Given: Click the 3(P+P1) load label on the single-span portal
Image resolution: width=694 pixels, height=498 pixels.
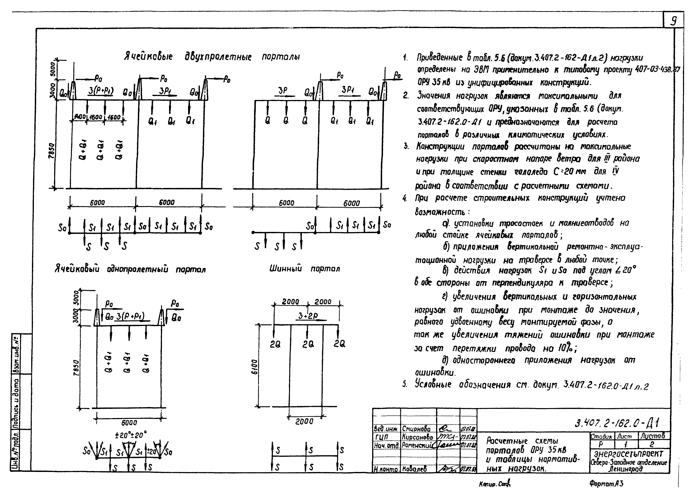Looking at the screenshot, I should coord(130,316).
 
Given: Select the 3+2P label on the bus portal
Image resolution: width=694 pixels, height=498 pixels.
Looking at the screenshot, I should coord(308,316).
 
